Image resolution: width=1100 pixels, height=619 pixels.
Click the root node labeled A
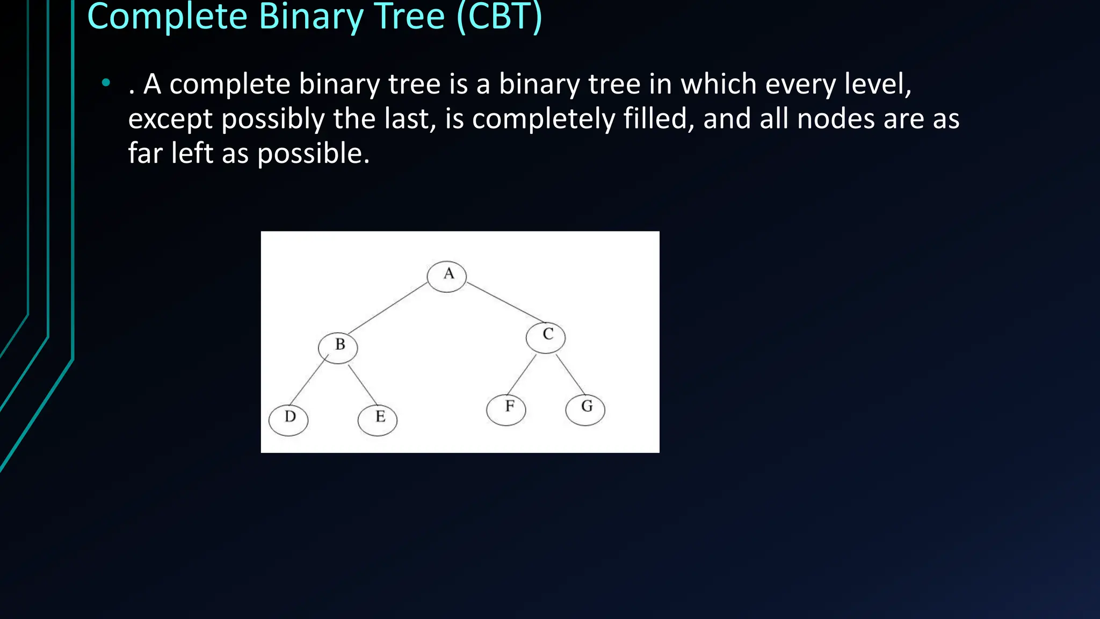click(447, 276)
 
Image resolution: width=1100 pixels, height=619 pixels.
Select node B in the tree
click(338, 347)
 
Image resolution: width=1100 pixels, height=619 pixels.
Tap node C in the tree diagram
click(546, 337)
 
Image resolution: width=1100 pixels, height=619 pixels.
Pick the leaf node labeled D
click(288, 420)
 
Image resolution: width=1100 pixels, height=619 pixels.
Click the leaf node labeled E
click(378, 419)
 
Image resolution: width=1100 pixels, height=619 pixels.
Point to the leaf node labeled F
click(506, 409)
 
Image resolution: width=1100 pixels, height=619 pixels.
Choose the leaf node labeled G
click(585, 409)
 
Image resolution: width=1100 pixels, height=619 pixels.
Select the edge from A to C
click(505, 303)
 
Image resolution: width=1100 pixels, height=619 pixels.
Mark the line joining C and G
click(570, 375)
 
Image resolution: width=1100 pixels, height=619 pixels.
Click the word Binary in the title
click(311, 17)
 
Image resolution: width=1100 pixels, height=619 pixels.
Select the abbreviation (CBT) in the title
click(499, 17)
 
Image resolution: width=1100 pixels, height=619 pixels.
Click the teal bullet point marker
click(106, 83)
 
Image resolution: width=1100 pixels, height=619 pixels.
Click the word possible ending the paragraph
click(313, 154)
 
